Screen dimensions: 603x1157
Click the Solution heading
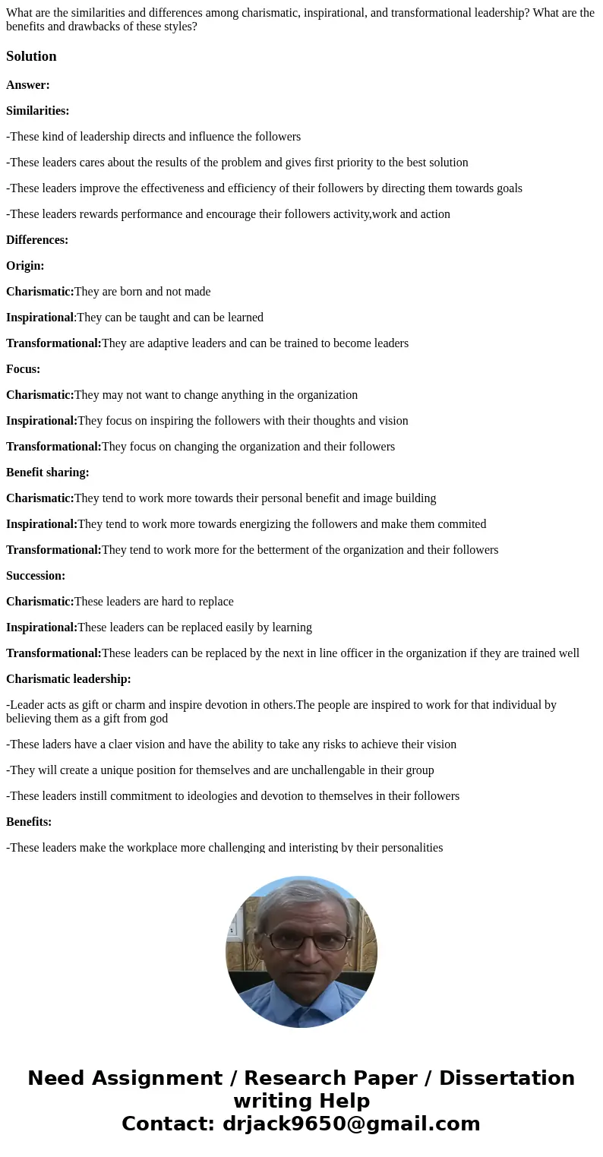click(31, 56)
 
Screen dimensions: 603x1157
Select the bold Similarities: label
click(37, 111)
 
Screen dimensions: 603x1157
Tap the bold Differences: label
click(37, 240)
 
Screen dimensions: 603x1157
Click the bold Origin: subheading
click(25, 266)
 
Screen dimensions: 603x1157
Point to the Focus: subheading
click(23, 369)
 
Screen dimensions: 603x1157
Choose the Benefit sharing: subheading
click(47, 473)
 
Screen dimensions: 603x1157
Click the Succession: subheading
click(36, 576)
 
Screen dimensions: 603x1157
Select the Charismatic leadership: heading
click(68, 679)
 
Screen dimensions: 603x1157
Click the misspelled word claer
click(137, 744)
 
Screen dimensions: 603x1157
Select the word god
click(158, 719)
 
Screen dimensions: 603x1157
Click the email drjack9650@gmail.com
click(351, 1124)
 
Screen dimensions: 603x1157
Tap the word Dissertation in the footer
click(507, 1078)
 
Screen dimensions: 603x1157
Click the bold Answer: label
click(28, 85)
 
